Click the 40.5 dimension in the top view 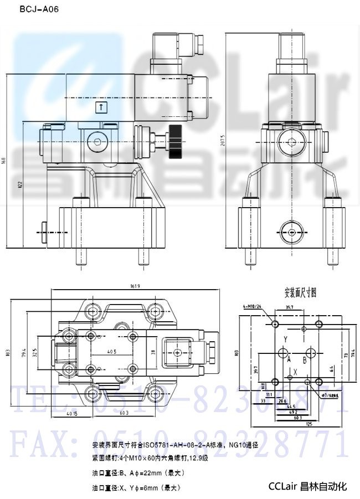coord(111,352)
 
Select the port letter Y coord(285,338)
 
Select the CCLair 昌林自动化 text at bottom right coord(307,487)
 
